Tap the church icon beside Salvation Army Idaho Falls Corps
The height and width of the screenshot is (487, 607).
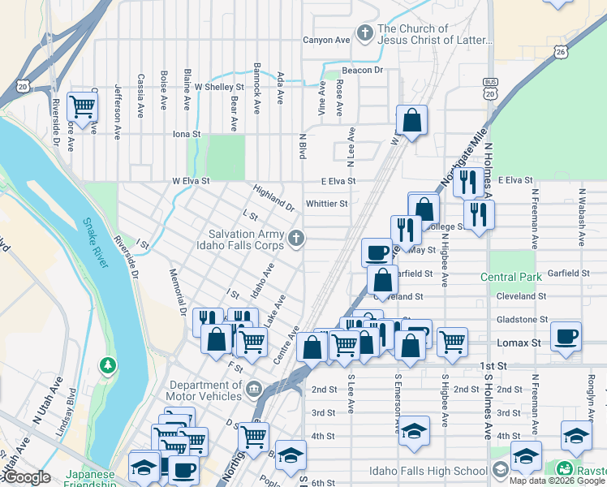[x=297, y=238]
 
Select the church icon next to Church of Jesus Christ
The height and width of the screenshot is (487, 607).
[x=365, y=34]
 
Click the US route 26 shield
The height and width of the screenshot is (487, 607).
[x=561, y=52]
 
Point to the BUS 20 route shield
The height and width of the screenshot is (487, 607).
[x=489, y=88]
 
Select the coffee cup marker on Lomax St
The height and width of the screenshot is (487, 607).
[x=566, y=335]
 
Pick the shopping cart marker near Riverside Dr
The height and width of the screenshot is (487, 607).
[x=82, y=106]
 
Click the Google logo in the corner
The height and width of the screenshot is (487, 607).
[x=26, y=477]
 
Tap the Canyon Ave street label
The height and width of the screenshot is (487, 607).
[x=326, y=39]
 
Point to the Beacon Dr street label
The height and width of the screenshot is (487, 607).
[x=361, y=71]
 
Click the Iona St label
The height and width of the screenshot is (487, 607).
[x=187, y=134]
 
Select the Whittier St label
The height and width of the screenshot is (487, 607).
[x=326, y=204]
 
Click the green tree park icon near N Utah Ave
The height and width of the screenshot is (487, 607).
[x=108, y=366]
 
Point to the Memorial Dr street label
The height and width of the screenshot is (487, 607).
[x=177, y=293]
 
